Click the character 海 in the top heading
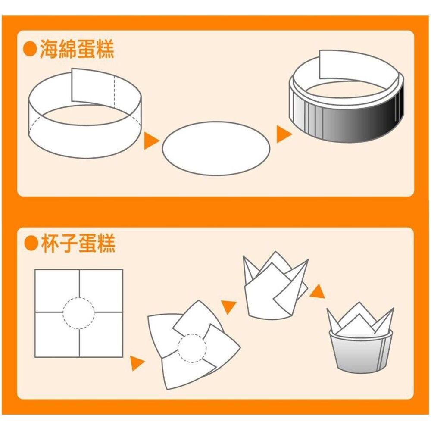(x=49, y=50)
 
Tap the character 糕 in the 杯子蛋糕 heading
(x=106, y=244)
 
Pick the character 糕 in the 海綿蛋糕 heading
(x=105, y=50)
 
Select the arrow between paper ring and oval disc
(x=151, y=141)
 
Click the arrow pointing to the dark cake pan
(x=283, y=134)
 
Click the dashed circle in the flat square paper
(x=79, y=313)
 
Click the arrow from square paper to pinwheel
(x=137, y=363)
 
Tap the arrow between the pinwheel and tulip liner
(x=229, y=306)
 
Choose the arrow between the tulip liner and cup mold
(x=318, y=292)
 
